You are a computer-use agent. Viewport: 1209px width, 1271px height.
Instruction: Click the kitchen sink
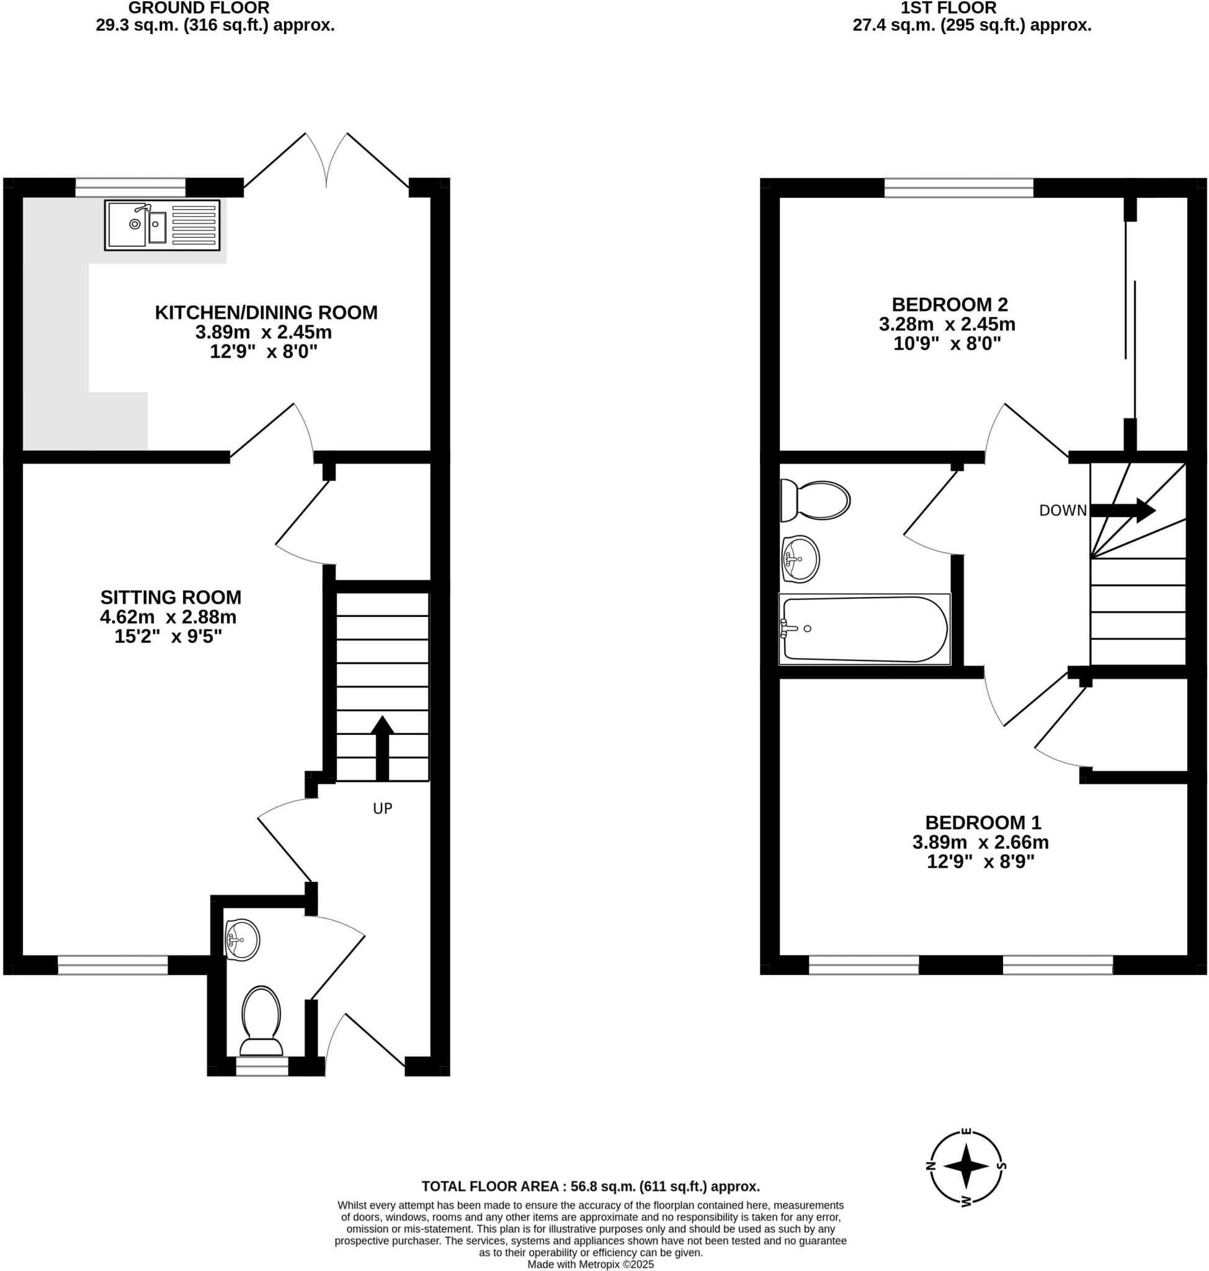[162, 225]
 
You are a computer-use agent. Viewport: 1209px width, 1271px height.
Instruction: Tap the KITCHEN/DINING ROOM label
[265, 313]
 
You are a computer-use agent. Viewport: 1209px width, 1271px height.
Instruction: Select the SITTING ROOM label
[171, 597]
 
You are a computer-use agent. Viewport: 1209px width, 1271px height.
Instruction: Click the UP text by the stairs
[382, 809]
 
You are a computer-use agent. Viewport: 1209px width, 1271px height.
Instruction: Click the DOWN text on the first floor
[1062, 511]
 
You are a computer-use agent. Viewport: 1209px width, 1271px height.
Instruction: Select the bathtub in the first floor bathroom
[864, 629]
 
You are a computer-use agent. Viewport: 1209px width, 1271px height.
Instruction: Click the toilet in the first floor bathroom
[814, 500]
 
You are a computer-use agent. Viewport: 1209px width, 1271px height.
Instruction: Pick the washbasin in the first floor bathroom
[800, 559]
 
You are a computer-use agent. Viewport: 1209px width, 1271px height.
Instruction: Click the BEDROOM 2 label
[949, 304]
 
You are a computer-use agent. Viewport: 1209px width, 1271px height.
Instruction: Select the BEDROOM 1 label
[983, 823]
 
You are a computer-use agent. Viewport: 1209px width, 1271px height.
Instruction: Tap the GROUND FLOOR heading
[199, 9]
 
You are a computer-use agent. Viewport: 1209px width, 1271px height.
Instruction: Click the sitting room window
[113, 965]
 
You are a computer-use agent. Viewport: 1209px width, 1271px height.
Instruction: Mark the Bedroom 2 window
[958, 187]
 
